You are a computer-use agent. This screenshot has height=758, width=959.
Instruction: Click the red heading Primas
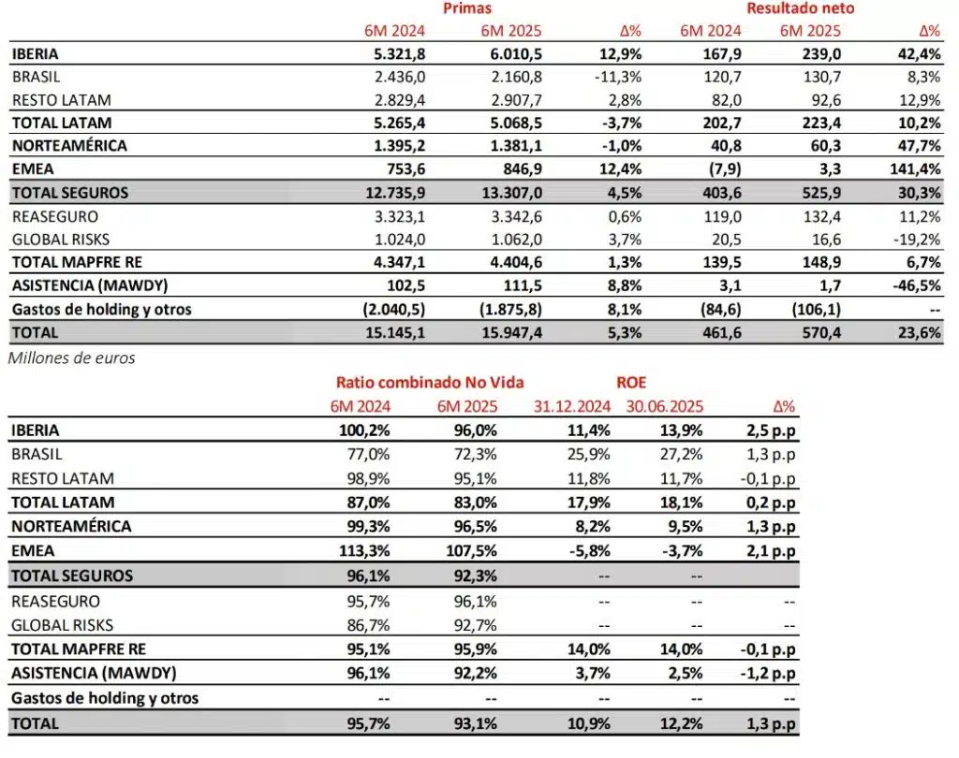click(x=468, y=8)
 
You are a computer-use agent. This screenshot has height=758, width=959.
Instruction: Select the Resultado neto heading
click(x=800, y=8)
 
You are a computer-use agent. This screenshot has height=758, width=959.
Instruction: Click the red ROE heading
click(x=632, y=383)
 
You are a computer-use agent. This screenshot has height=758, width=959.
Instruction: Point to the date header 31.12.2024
click(x=572, y=406)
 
